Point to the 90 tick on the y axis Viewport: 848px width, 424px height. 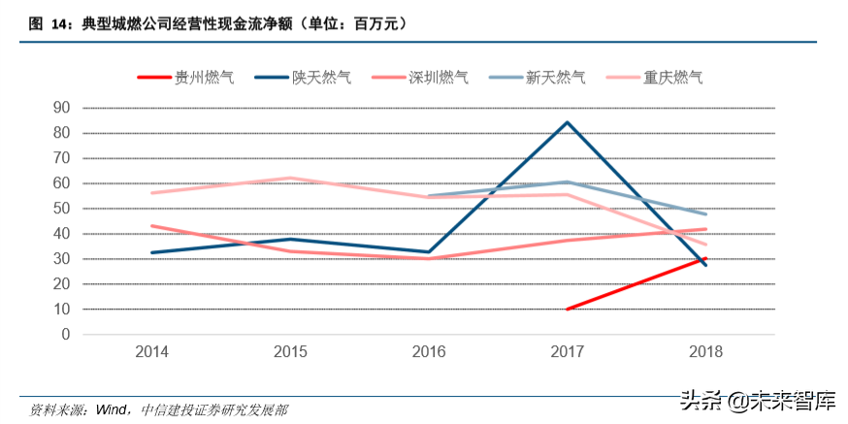pos(62,108)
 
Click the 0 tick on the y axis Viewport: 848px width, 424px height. pos(66,335)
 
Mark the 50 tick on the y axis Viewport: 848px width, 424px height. pos(62,209)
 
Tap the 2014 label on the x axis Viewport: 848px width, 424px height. pos(152,352)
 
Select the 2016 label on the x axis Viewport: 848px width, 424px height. pos(429,352)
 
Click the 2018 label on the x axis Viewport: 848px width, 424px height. pos(705,352)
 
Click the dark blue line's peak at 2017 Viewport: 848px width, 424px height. pos(567,122)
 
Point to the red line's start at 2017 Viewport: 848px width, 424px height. pos(567,310)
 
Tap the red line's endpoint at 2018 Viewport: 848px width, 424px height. pos(705,259)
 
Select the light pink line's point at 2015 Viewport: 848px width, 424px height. pos(290,178)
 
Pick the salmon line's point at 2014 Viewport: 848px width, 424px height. pos(152,226)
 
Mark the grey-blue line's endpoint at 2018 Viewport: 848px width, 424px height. pos(705,214)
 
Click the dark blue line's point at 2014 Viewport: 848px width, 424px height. pos(152,252)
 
